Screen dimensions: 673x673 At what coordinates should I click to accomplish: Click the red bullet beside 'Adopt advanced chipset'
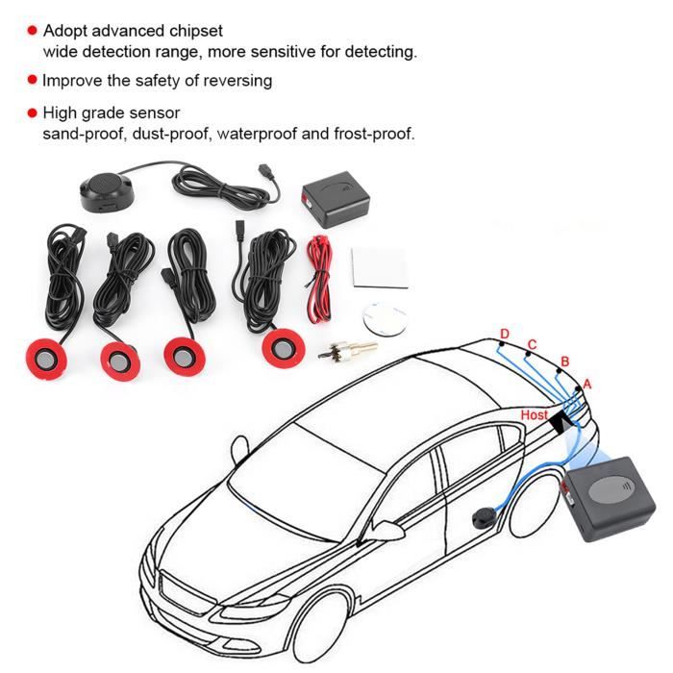[x=32, y=32]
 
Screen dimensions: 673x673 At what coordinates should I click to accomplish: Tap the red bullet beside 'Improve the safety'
[x=32, y=80]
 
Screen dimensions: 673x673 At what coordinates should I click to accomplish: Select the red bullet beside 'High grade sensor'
[x=32, y=113]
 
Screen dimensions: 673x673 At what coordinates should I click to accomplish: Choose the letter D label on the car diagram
[x=504, y=335]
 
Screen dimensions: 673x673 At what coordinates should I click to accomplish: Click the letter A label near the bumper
[x=588, y=383]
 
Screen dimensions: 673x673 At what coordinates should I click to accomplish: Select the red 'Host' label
[x=534, y=414]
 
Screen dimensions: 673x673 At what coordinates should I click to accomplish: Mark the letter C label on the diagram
[x=532, y=343]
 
